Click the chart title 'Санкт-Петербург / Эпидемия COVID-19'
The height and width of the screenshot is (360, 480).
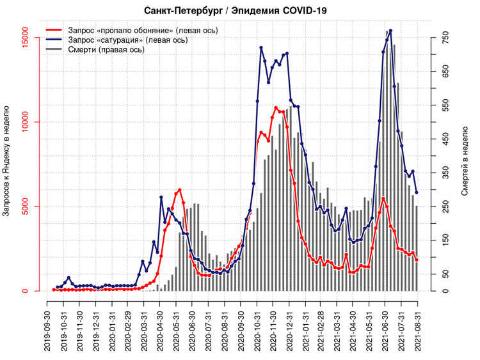pyautogui.click(x=240, y=11)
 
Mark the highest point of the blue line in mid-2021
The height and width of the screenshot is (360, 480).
pyautogui.click(x=390, y=31)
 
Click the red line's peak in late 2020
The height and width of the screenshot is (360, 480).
pyautogui.click(x=276, y=107)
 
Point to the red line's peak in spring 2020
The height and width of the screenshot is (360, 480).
pyautogui.click(x=180, y=190)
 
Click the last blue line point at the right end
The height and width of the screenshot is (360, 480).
pyautogui.click(x=417, y=192)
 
